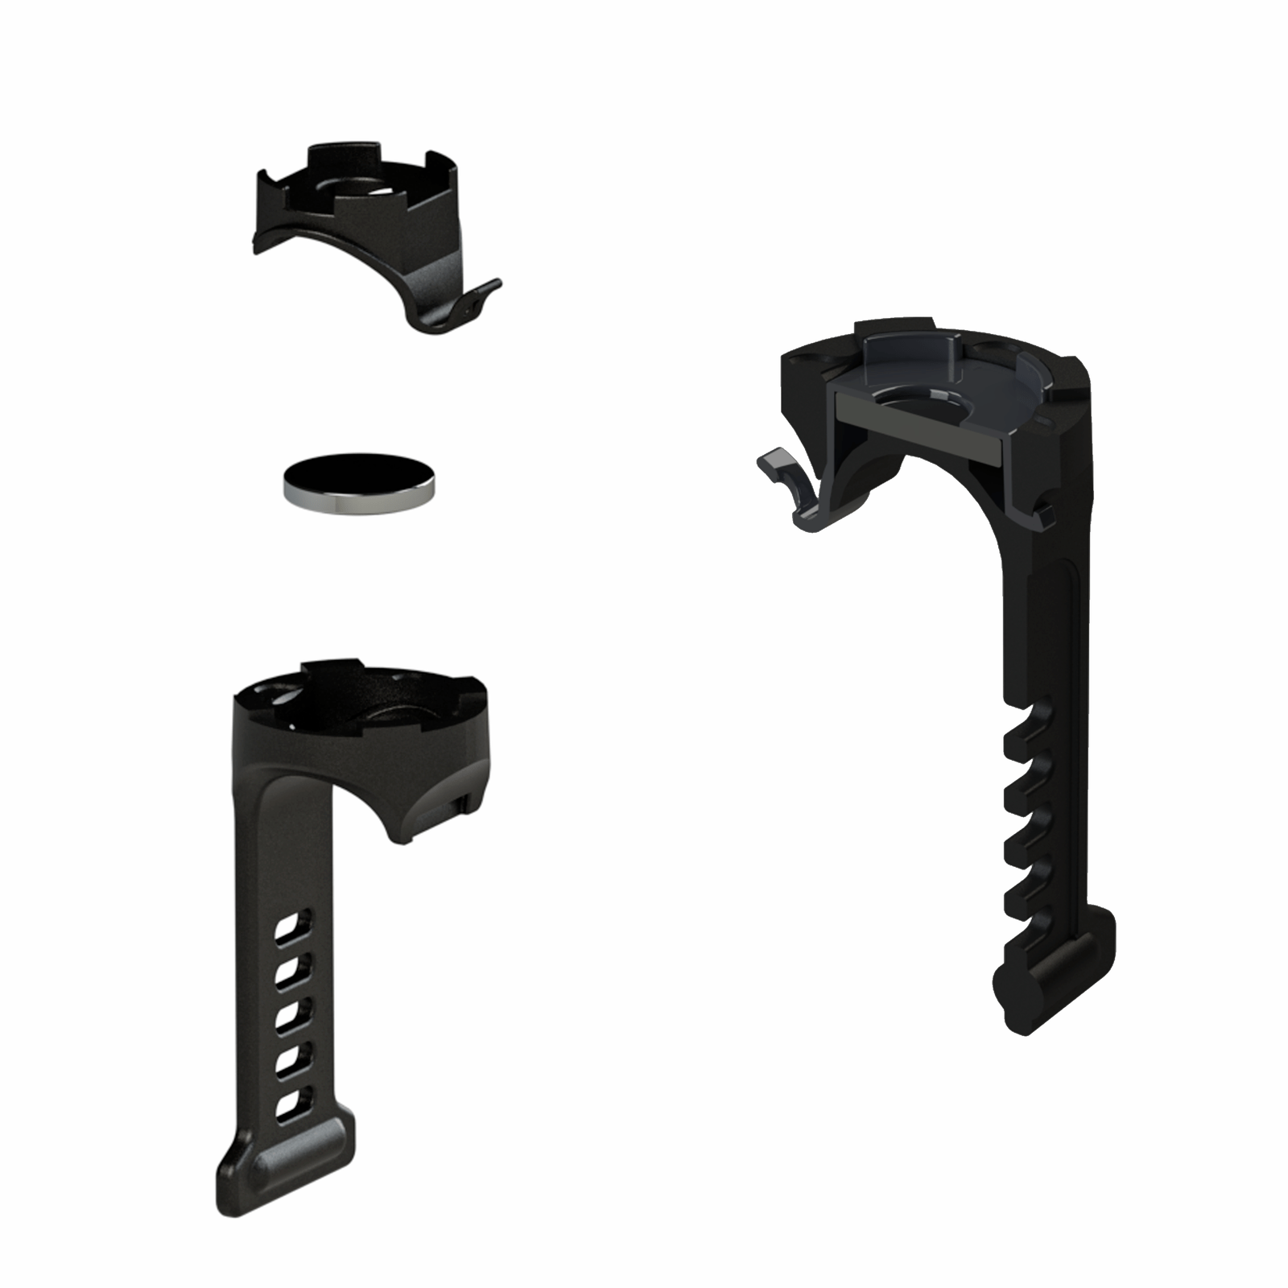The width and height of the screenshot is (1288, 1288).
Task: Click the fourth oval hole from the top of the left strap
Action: pyautogui.click(x=287, y=1063)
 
